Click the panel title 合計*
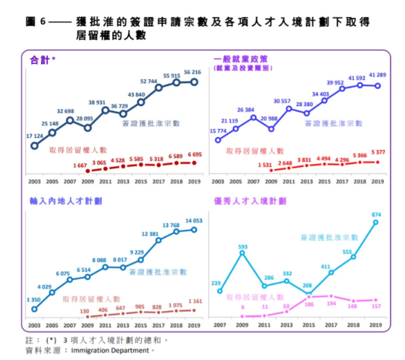point(42,58)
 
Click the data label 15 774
point(218,131)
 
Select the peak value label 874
point(377,215)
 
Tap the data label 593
point(242,246)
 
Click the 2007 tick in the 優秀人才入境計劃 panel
point(220,325)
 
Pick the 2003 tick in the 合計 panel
point(34,181)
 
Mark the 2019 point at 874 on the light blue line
point(377,222)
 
